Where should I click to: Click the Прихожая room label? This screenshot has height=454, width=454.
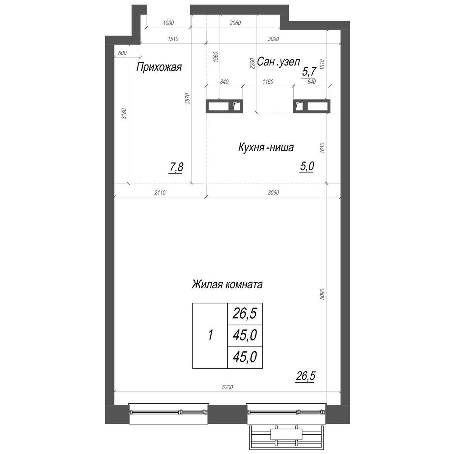click(159, 67)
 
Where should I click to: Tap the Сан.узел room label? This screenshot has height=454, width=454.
click(278, 62)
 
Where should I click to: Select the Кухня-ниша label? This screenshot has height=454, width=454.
click(266, 148)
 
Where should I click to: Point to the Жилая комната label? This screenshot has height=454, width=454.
click(227, 285)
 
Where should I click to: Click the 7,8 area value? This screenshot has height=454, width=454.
click(176, 167)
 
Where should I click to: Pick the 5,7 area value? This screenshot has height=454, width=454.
click(308, 72)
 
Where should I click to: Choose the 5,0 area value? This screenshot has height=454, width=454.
click(307, 166)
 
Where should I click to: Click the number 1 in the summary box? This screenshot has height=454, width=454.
click(210, 335)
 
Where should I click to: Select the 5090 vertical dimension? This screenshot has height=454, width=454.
click(323, 294)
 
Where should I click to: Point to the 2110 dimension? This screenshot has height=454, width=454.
click(160, 193)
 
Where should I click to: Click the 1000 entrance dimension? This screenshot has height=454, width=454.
click(168, 23)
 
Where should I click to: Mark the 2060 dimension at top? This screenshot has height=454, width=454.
click(235, 23)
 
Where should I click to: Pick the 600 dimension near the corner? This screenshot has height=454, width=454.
click(122, 53)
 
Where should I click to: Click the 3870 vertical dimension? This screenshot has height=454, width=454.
click(187, 99)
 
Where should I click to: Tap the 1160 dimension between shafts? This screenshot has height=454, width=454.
click(268, 82)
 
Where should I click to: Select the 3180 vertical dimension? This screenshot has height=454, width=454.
click(124, 113)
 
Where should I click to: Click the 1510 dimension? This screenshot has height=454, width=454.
click(173, 39)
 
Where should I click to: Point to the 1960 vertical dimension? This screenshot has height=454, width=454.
click(216, 57)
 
